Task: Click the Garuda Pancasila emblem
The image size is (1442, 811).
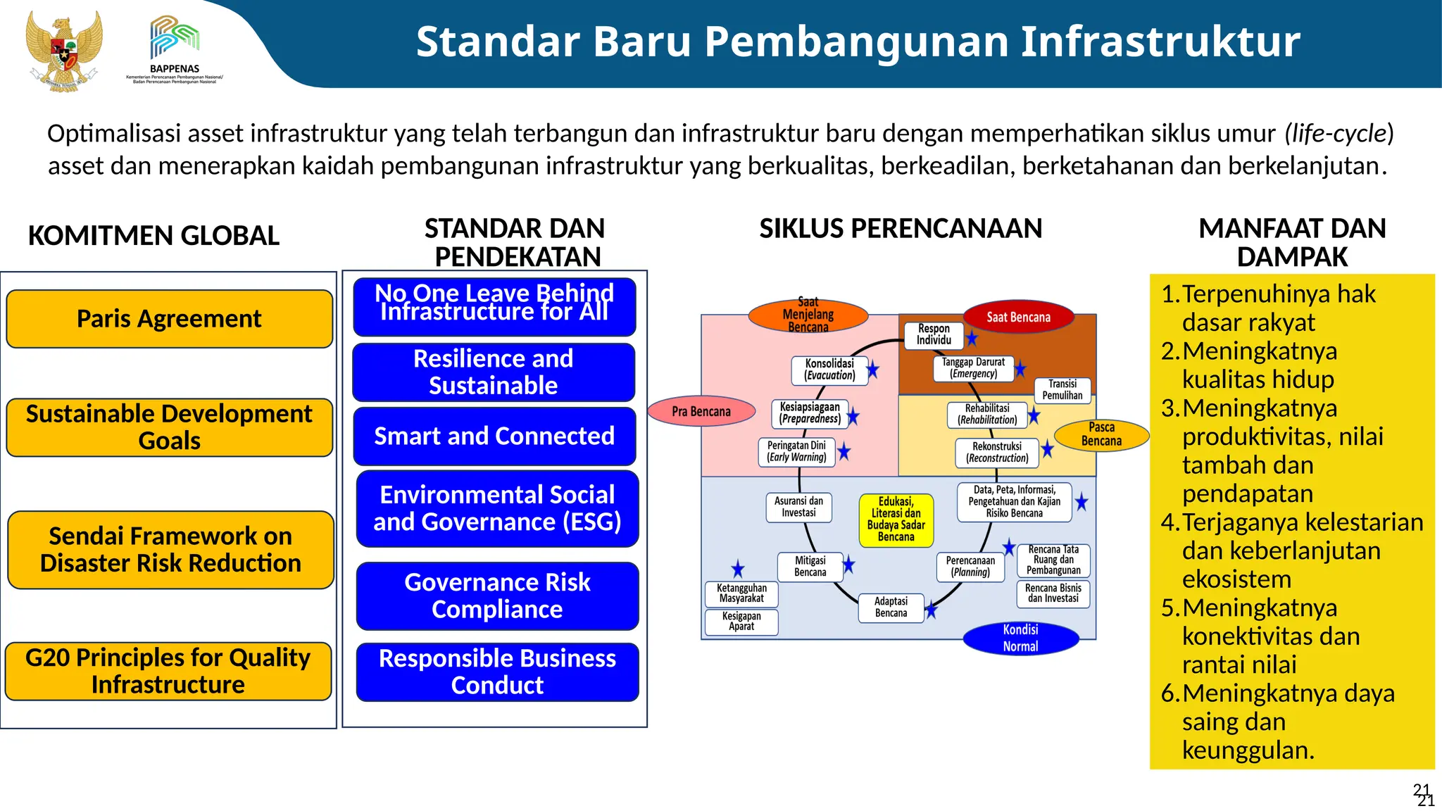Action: point(63,51)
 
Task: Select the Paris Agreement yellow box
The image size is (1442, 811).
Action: point(169,319)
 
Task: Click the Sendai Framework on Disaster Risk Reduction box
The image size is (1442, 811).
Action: point(170,550)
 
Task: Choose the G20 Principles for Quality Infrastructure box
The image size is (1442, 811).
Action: point(168,671)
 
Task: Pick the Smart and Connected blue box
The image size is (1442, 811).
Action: point(494,436)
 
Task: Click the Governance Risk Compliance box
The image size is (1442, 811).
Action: point(497,596)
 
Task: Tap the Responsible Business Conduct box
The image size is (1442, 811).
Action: point(497,672)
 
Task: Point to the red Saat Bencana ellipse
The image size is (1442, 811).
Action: point(1018,318)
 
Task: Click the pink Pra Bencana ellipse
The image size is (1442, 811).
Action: point(701,412)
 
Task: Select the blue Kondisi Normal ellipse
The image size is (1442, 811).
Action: point(1020,638)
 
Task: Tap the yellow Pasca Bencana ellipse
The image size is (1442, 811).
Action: point(1101,434)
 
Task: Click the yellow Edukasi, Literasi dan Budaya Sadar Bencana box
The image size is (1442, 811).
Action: point(896,520)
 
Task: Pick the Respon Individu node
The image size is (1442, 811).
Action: point(934,334)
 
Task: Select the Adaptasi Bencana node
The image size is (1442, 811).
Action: point(891,608)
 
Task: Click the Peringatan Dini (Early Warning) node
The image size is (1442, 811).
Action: point(796,451)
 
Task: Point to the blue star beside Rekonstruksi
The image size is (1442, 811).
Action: point(1047,448)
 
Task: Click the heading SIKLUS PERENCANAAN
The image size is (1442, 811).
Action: point(901,229)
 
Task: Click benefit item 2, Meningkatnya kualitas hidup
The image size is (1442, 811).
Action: point(1258,365)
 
